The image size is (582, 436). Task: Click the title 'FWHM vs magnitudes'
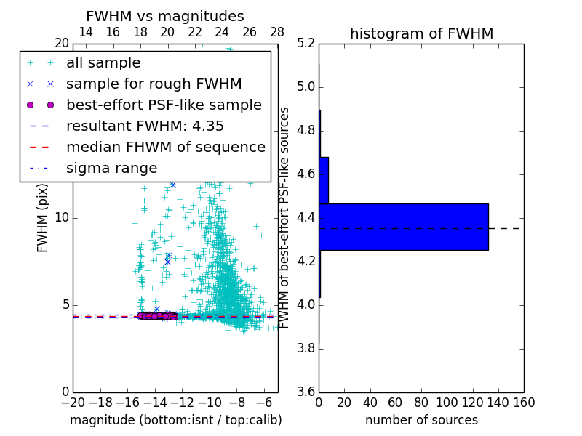(x=165, y=16)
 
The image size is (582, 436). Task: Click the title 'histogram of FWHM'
(x=421, y=33)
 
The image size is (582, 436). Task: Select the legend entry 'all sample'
(x=103, y=63)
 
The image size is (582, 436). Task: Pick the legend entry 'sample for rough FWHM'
(x=154, y=84)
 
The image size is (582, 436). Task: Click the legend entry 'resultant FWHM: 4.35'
(x=145, y=126)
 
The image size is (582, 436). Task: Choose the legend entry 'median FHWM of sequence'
(x=165, y=147)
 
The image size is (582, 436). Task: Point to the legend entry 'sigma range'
(x=111, y=168)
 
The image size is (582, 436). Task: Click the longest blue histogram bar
(x=403, y=227)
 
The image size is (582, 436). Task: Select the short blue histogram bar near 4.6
(x=324, y=180)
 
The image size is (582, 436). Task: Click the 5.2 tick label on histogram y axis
(x=306, y=44)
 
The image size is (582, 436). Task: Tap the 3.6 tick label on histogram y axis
(x=306, y=392)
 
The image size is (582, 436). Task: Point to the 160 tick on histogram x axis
(x=524, y=403)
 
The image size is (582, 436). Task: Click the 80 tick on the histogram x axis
(x=421, y=403)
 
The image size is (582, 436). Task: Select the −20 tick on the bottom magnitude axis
(x=73, y=403)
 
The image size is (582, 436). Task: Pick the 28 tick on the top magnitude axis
(x=277, y=32)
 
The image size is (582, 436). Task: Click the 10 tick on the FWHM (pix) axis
(x=62, y=218)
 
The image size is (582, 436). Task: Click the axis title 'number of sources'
(x=421, y=420)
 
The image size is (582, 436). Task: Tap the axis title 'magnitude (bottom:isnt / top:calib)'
(x=175, y=420)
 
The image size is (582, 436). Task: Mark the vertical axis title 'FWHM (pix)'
(x=43, y=218)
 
